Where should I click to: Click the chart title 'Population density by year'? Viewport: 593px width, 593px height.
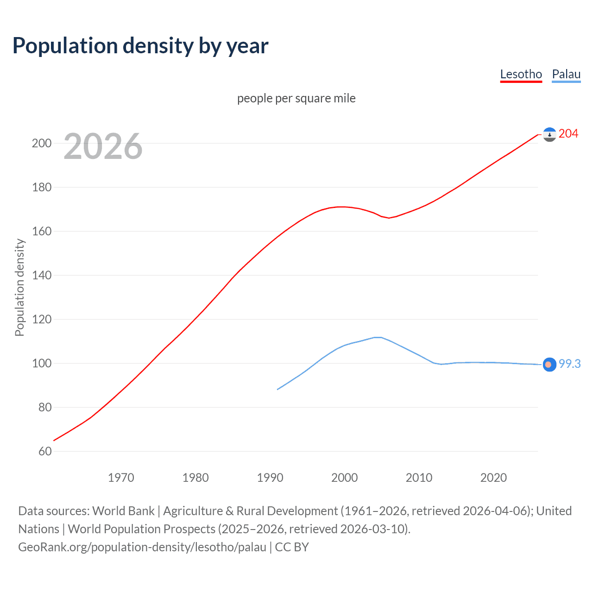point(140,46)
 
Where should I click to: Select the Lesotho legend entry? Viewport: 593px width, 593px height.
point(521,74)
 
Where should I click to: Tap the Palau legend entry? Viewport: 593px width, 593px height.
point(566,74)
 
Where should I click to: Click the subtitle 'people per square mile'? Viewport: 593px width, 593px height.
point(296,98)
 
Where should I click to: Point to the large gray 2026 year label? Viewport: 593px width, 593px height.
point(103,146)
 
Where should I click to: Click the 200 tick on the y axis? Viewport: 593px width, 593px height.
point(42,143)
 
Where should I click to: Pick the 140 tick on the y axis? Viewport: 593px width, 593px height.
point(42,275)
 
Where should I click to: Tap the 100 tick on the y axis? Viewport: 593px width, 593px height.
point(42,363)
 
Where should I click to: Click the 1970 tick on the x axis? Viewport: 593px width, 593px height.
point(121,478)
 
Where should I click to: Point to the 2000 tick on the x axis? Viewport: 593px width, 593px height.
point(344,478)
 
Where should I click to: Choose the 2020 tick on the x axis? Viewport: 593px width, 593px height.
point(493,478)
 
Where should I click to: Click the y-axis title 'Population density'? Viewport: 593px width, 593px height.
point(19,287)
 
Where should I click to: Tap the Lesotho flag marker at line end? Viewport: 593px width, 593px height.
point(549,134)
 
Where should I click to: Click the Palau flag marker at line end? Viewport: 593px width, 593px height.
point(549,365)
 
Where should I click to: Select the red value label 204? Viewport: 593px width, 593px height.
point(568,134)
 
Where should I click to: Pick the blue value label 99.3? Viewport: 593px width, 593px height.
point(569,364)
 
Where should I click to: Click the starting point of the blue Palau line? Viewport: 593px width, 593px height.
point(278,389)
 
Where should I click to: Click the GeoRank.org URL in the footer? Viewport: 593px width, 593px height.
point(142,547)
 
